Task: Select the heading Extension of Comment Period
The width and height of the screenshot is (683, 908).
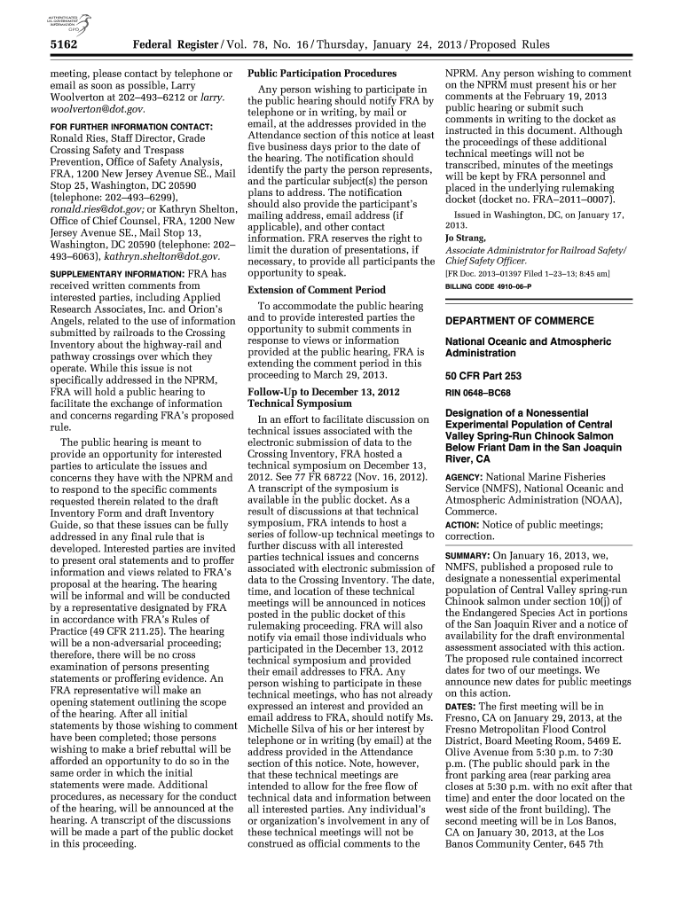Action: [x=317, y=290]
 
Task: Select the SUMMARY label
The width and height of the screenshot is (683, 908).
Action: [x=466, y=554]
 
